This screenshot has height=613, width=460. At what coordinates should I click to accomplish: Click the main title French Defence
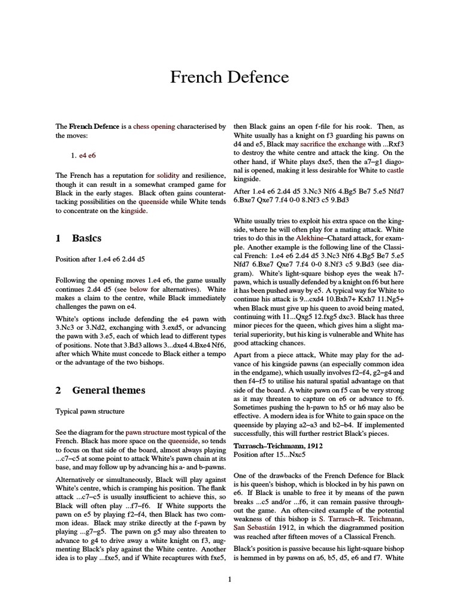(229, 77)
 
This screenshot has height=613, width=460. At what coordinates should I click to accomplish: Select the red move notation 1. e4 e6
(83, 155)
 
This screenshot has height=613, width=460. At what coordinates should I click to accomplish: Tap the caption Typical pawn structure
(90, 412)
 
